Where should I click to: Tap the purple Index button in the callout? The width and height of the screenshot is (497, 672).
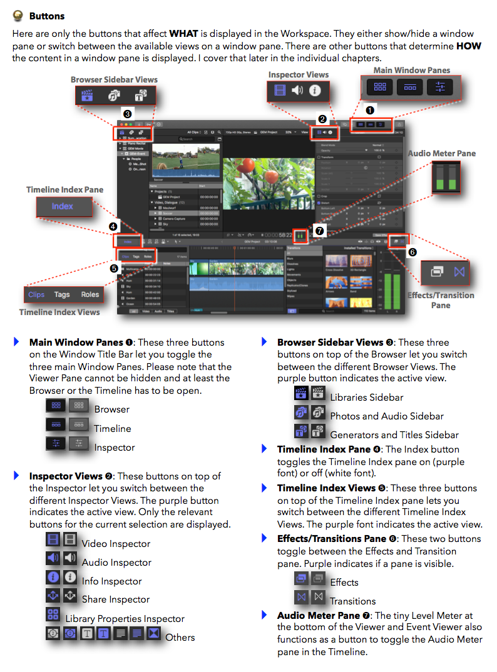(x=63, y=206)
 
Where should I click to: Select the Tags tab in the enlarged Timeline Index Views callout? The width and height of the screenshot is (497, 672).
(x=62, y=294)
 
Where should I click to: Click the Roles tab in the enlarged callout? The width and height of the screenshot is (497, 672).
(x=90, y=294)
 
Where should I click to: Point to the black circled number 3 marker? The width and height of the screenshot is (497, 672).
(x=127, y=114)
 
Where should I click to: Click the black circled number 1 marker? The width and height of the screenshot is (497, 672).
(x=369, y=110)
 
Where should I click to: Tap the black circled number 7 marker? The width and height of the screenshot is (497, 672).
(x=320, y=231)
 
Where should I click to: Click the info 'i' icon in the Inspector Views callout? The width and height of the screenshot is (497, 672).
(x=315, y=91)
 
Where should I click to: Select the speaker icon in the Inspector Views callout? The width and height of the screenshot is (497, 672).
(x=297, y=91)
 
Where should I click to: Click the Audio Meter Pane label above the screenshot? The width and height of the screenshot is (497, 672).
(x=442, y=153)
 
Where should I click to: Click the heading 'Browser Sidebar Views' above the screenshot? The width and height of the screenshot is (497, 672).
(x=114, y=79)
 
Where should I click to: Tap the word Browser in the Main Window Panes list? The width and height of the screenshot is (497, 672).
(x=112, y=409)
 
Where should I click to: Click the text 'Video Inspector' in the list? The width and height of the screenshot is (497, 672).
(x=116, y=544)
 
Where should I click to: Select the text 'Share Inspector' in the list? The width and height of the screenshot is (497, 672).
(x=116, y=599)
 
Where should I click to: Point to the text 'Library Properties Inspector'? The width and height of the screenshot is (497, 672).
(x=125, y=619)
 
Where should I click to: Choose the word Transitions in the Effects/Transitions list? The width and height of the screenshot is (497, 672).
(x=353, y=601)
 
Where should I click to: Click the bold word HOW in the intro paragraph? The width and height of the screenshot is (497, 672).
(x=473, y=46)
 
